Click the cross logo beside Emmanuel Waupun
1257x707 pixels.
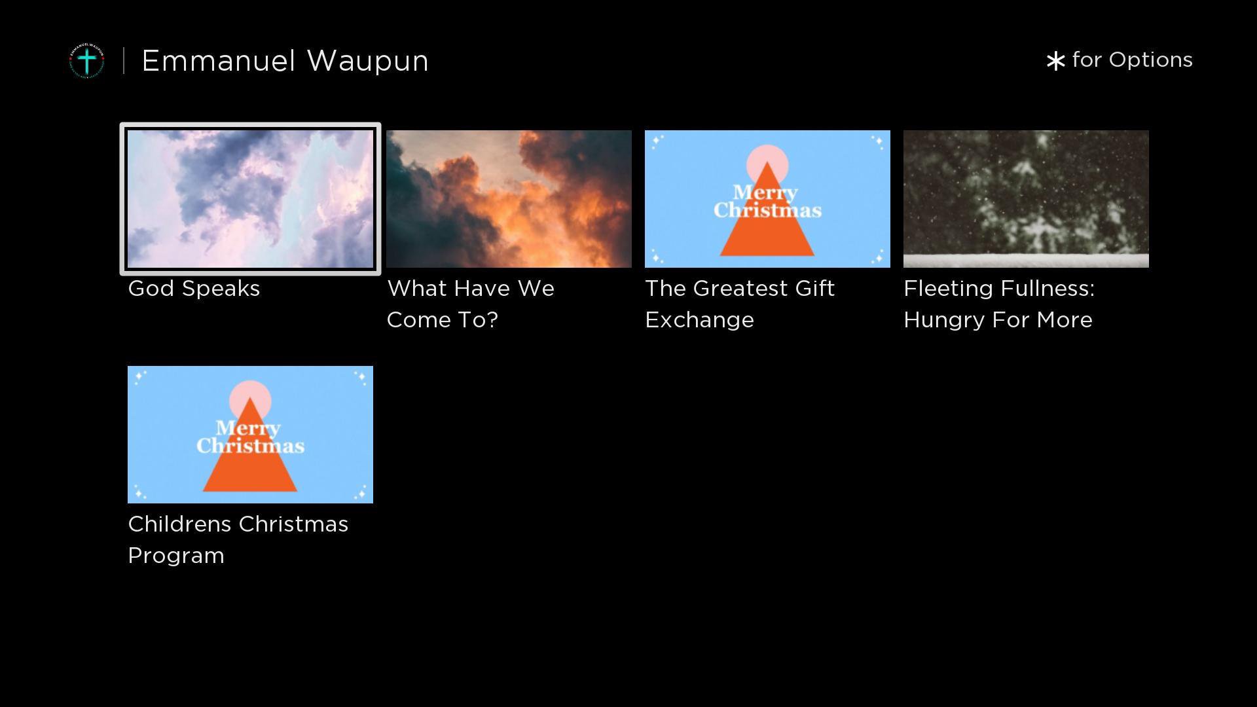point(87,61)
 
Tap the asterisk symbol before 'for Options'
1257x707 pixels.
point(1055,61)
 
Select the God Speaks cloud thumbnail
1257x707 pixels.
point(250,199)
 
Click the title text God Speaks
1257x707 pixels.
point(194,289)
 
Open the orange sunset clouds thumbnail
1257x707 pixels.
point(509,199)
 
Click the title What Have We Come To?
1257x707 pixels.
point(471,304)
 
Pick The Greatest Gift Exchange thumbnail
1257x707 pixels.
point(767,199)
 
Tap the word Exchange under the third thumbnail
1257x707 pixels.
point(699,320)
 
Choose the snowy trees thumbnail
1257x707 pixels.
point(1026,199)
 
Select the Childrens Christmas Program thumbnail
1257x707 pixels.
point(250,435)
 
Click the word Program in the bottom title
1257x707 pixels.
point(176,556)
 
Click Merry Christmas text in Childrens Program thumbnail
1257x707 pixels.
point(250,437)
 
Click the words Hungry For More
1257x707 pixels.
point(998,320)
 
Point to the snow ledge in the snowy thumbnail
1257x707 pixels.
point(1026,261)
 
